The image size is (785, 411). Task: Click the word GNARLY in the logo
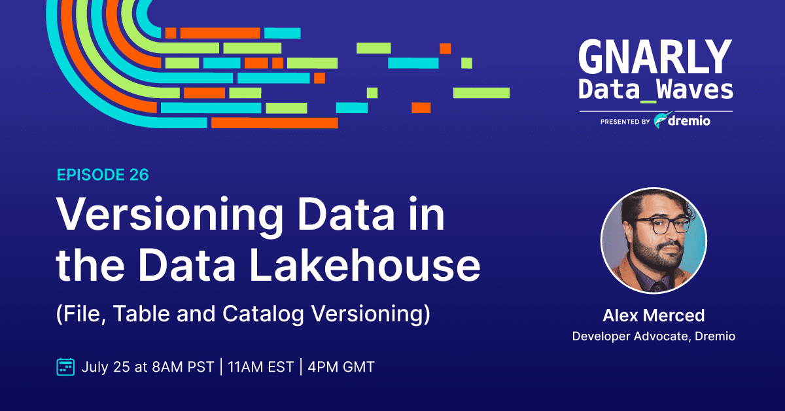(655, 57)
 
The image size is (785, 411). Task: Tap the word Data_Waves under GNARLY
(655, 90)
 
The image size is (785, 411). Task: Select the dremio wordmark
(689, 121)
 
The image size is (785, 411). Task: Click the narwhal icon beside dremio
(661, 120)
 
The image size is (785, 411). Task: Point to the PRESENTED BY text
(625, 122)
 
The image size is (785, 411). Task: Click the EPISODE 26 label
(103, 175)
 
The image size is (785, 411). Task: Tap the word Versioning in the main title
(169, 215)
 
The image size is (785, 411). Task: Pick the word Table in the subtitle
(141, 313)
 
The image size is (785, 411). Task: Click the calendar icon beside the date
(65, 366)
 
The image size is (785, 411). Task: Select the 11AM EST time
(261, 367)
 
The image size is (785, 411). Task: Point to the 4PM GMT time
(341, 367)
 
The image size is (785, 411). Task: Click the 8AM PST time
(183, 367)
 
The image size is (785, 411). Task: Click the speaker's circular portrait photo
(654, 241)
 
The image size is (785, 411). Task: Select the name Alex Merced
(654, 315)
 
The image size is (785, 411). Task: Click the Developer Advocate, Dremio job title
(654, 336)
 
